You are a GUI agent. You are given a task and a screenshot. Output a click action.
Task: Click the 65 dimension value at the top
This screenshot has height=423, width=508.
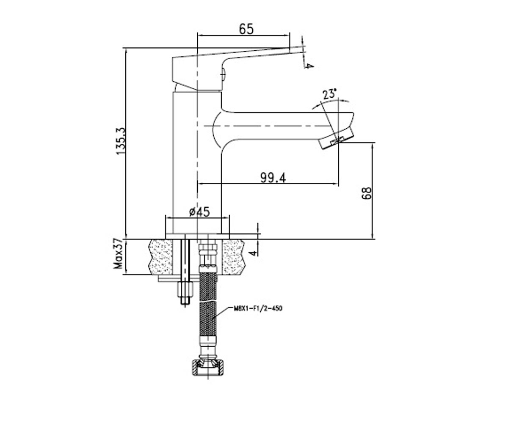246,29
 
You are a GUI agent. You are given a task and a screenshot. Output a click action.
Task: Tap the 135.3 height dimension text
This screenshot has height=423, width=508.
121,141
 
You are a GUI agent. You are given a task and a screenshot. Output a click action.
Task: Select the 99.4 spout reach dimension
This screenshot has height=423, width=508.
273,178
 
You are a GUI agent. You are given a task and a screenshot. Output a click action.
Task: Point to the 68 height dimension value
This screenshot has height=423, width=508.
367,193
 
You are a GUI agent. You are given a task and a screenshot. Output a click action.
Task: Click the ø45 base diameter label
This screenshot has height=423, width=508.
199,212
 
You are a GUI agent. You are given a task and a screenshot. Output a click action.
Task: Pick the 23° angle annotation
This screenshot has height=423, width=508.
330,94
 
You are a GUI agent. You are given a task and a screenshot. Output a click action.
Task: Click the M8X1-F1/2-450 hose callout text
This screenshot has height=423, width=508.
258,308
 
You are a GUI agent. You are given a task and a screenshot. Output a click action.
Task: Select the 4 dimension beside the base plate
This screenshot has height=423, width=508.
254,253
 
